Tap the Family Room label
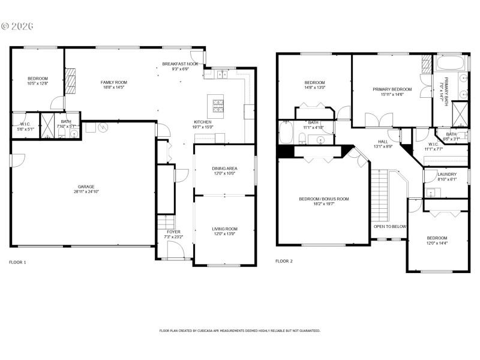113,82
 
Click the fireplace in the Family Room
71,81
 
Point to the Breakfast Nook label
180,64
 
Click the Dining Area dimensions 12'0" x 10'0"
225,173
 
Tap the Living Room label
225,229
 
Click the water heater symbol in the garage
103,127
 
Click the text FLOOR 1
17,262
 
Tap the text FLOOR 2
284,261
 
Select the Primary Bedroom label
388,89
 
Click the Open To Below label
390,227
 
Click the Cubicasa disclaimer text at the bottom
240,331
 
